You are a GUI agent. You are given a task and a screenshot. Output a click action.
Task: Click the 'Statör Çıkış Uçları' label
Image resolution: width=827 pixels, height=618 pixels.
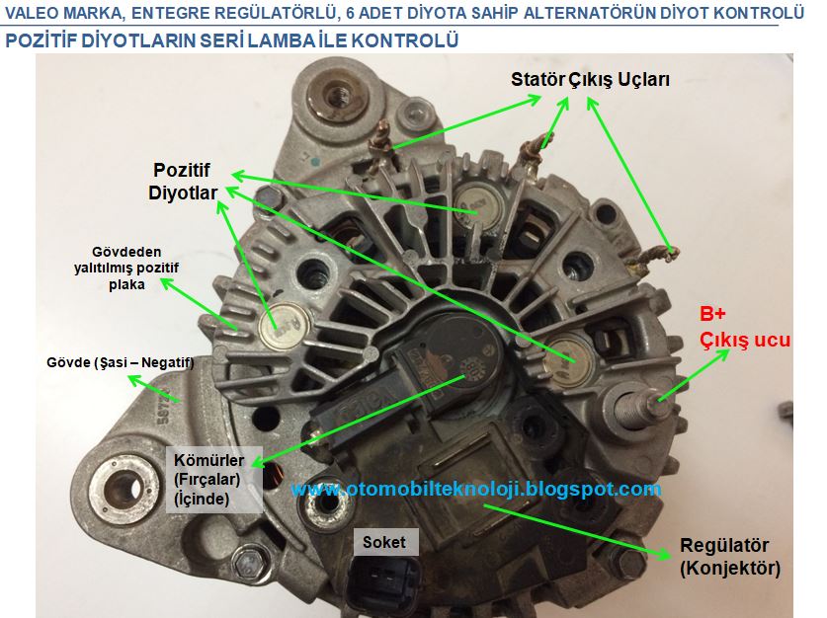590,80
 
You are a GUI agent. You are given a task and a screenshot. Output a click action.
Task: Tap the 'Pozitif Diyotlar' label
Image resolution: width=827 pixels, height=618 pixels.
183,182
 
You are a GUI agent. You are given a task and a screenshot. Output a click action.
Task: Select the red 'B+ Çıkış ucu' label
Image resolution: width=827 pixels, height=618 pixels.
744,327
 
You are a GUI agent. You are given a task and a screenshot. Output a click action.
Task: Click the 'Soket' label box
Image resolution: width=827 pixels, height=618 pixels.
384,542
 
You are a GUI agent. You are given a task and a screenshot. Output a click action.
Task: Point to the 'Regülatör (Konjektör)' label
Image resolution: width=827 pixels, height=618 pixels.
730,557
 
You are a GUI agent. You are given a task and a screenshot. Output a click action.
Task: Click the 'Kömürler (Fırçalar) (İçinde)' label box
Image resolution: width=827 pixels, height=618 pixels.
214,480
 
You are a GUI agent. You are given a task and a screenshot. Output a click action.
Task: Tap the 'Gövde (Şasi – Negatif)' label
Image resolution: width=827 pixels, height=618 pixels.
121,362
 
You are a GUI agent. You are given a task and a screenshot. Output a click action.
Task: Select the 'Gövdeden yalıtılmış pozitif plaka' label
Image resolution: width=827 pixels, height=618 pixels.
126,269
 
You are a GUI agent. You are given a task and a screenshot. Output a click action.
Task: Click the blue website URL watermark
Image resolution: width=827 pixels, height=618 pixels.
475,489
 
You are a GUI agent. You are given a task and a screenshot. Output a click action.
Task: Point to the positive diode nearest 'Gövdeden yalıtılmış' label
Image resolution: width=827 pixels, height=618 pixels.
285,327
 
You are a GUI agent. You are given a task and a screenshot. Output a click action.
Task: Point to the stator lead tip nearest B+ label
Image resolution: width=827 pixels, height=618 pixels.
667,254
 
